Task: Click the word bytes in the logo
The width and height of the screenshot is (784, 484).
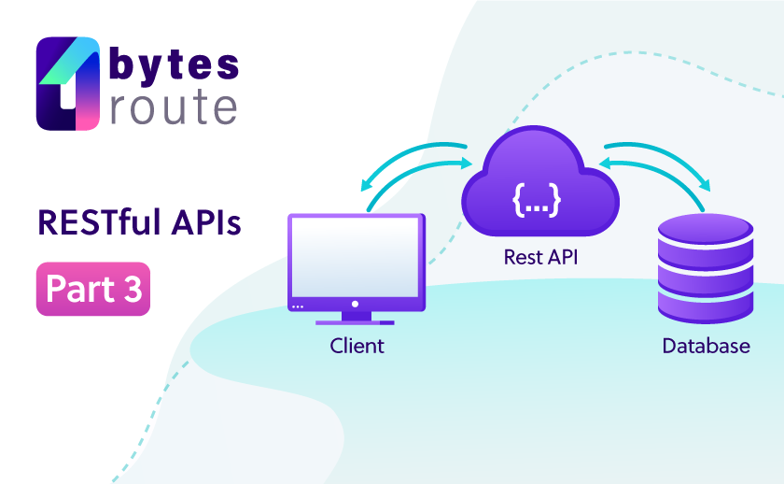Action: [x=174, y=64]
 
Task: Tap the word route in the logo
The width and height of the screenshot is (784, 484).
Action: [x=174, y=107]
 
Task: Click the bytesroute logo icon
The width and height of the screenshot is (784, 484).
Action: [x=68, y=83]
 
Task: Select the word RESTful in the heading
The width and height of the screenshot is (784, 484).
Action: [x=100, y=221]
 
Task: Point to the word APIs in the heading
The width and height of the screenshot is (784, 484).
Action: [x=206, y=221]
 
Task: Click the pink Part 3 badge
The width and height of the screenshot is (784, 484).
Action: [x=93, y=289]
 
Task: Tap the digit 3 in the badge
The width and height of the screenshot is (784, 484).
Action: [x=132, y=289]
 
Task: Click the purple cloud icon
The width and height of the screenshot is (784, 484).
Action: [x=540, y=181]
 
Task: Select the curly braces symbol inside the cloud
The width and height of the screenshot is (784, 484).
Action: [x=537, y=200]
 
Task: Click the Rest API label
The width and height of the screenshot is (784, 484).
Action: [x=540, y=257]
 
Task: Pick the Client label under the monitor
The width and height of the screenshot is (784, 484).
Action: [x=357, y=346]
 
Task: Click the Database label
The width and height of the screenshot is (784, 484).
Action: [x=706, y=346]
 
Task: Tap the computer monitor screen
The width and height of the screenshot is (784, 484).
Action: [x=356, y=257]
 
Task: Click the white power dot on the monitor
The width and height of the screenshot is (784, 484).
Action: [x=355, y=304]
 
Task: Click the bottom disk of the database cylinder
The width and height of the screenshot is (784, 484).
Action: [x=706, y=306]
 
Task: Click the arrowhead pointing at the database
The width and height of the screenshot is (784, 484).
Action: [x=705, y=185]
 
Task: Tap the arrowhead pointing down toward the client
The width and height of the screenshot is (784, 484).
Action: [x=367, y=185]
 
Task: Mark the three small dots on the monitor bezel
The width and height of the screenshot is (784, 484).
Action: [x=298, y=306]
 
